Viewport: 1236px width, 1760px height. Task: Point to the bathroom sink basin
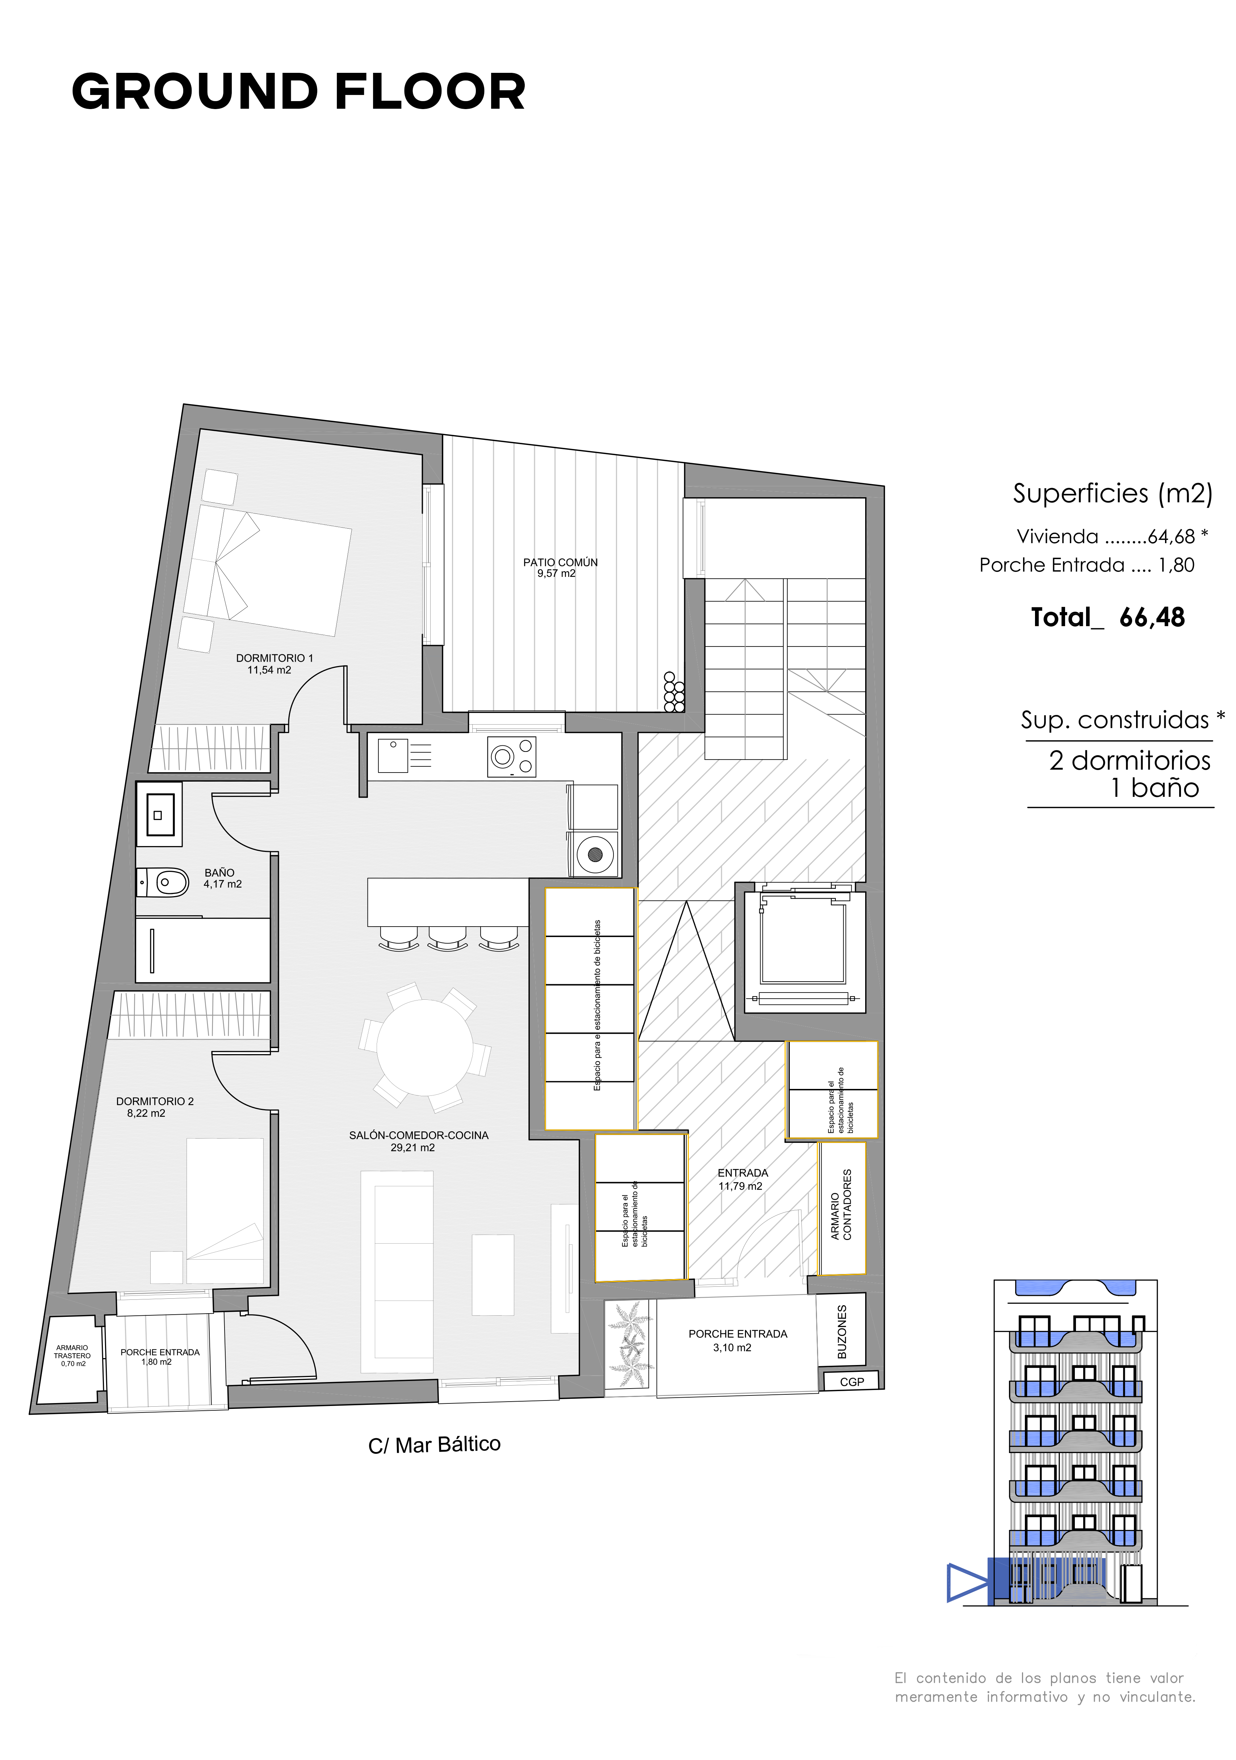coord(159,814)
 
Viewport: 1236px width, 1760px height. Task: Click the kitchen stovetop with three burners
coord(512,757)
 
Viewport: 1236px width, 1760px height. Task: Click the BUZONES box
coord(841,1331)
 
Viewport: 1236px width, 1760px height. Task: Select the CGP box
coord(851,1381)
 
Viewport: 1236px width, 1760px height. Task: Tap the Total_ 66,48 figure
coord(1107,617)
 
